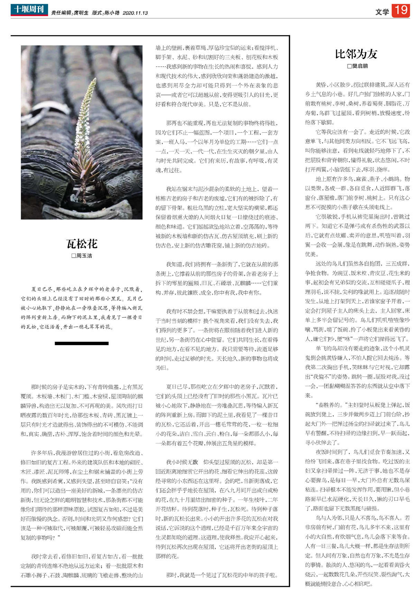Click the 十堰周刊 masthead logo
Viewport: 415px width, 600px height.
(x=29, y=10)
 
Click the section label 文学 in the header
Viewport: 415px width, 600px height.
(x=382, y=12)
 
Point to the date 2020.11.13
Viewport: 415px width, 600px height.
(x=135, y=13)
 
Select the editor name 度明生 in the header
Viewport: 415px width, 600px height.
(x=81, y=13)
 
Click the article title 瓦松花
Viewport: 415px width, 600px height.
(x=82, y=244)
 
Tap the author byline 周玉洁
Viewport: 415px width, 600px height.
(x=84, y=256)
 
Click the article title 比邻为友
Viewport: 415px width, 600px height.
(x=356, y=54)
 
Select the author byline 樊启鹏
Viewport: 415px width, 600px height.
(x=360, y=66)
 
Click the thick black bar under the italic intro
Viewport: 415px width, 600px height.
(x=82, y=343)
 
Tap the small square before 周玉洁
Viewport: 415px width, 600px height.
(x=73, y=256)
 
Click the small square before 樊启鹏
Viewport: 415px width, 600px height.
(x=349, y=66)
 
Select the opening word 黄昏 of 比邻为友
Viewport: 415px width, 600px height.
(x=321, y=85)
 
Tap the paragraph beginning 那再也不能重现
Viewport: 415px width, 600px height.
(x=216, y=146)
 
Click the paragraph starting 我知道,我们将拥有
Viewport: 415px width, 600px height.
(x=216, y=278)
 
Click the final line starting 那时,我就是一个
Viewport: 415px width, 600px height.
(x=222, y=575)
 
